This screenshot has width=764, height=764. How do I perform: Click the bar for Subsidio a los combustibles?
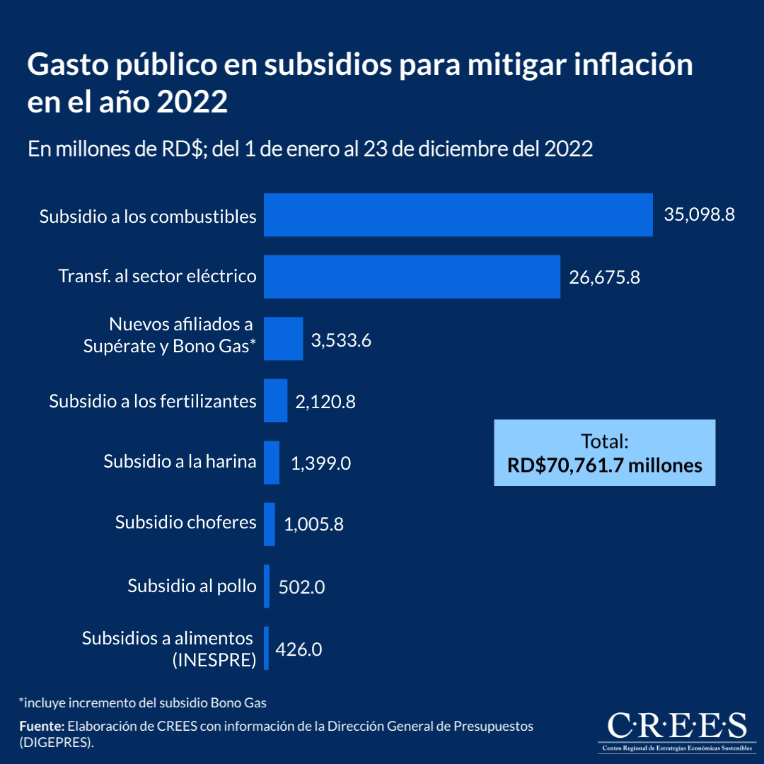[458, 215]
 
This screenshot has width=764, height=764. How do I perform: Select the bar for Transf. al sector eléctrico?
[412, 277]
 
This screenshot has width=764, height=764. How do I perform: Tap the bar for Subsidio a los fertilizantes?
[276, 401]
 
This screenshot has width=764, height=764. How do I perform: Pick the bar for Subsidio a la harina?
[272, 463]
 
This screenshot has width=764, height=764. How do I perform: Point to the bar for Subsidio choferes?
[270, 524]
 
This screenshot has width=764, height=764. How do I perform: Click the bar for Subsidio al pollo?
[267, 586]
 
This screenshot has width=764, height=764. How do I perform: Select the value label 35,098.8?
[699, 215]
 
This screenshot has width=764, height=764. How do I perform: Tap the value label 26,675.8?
[604, 277]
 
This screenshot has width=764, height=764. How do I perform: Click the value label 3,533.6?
[341, 340]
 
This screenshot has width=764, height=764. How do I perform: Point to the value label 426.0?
[299, 649]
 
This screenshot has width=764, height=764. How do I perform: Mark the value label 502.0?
[301, 587]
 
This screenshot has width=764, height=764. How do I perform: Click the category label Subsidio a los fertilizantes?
[153, 401]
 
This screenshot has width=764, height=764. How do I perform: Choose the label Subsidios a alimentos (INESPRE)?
[168, 649]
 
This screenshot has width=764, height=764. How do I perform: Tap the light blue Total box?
[604, 453]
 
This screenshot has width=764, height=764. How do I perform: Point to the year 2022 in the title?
[192, 103]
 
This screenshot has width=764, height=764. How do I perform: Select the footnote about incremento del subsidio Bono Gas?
[142, 702]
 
